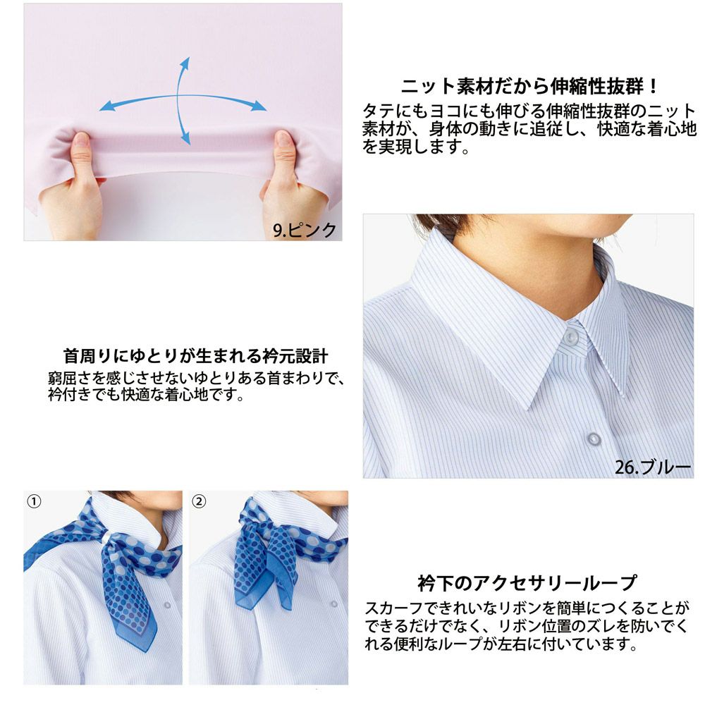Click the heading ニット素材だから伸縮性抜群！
(530, 87)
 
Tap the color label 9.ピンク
(305, 230)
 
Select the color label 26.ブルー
(653, 467)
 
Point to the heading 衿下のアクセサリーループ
(527, 583)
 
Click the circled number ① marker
(33, 501)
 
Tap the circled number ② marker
(199, 501)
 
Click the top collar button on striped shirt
(571, 339)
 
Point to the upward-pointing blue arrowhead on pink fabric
(188, 63)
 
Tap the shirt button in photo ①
(167, 606)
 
